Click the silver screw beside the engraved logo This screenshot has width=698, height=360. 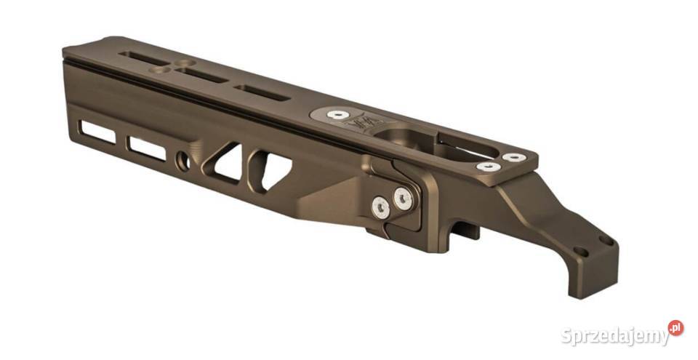[335, 113]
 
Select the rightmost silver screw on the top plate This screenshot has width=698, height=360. [513, 156]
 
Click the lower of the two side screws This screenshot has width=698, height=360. [379, 208]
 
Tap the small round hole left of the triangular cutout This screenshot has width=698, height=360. [183, 159]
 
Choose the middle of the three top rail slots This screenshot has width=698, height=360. [200, 76]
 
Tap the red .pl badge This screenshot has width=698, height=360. [675, 327]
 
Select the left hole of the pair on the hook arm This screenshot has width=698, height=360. [579, 252]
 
